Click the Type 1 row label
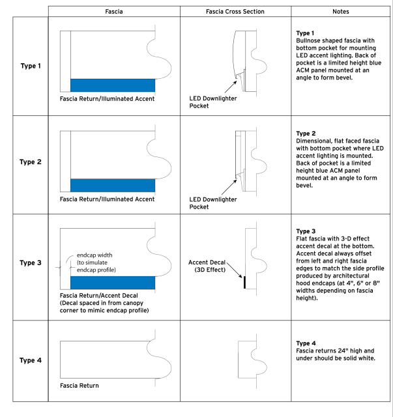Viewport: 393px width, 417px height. [31, 66]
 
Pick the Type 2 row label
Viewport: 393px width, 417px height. [31, 163]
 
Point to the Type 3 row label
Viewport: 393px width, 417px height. [31, 263]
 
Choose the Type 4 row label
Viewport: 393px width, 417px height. [31, 360]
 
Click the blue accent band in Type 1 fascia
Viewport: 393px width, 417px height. [113, 85]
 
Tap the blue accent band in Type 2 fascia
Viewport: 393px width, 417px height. [113, 185]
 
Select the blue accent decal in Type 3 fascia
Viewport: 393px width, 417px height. [113, 283]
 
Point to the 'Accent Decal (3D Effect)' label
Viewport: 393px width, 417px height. [206, 266]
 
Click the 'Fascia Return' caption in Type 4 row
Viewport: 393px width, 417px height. [79, 386]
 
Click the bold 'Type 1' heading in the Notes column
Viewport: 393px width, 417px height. [306, 33]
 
